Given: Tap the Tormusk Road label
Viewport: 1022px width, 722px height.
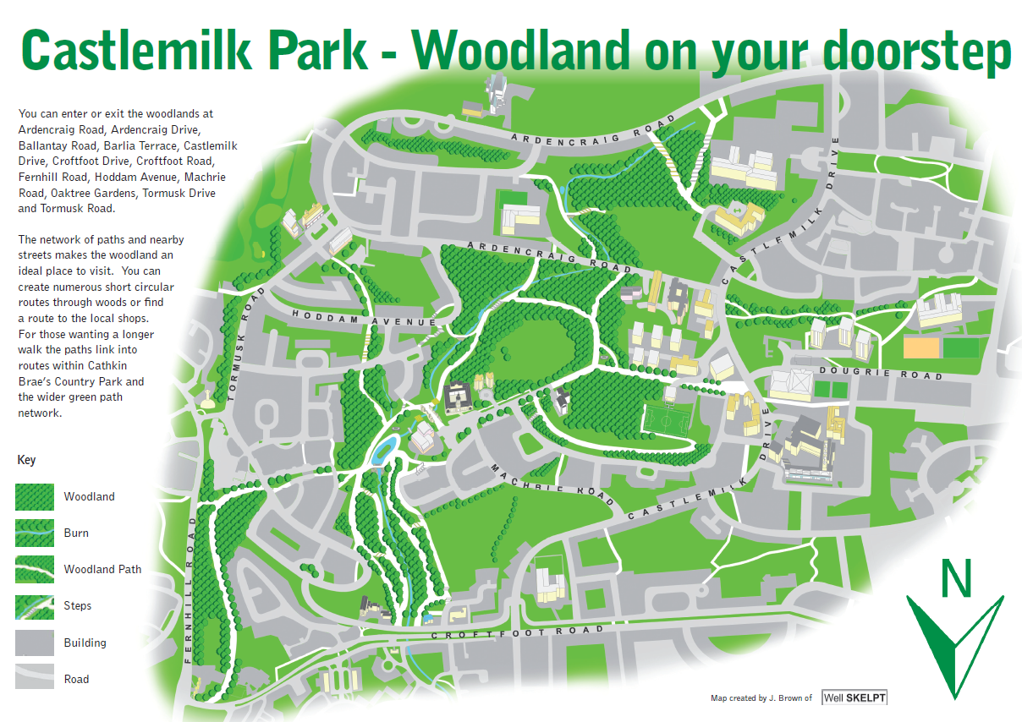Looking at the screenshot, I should (x=241, y=343).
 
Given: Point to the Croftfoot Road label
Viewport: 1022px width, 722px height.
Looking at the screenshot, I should (x=517, y=632).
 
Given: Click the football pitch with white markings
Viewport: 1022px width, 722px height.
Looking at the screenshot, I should (x=668, y=420).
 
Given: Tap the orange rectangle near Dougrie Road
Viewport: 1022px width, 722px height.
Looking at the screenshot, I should (x=920, y=347).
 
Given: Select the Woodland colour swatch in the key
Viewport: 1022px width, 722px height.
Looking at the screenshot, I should (x=35, y=496).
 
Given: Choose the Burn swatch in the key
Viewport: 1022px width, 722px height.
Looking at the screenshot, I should (x=35, y=533).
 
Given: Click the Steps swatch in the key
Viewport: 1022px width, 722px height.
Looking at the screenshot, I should (x=35, y=605).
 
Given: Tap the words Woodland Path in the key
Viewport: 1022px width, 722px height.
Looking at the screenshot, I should (x=102, y=569).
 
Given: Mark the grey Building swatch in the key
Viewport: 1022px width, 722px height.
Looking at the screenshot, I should (x=35, y=643).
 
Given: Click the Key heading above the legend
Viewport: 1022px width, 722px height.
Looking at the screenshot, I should (x=26, y=460).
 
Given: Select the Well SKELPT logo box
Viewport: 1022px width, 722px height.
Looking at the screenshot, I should (x=854, y=697).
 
